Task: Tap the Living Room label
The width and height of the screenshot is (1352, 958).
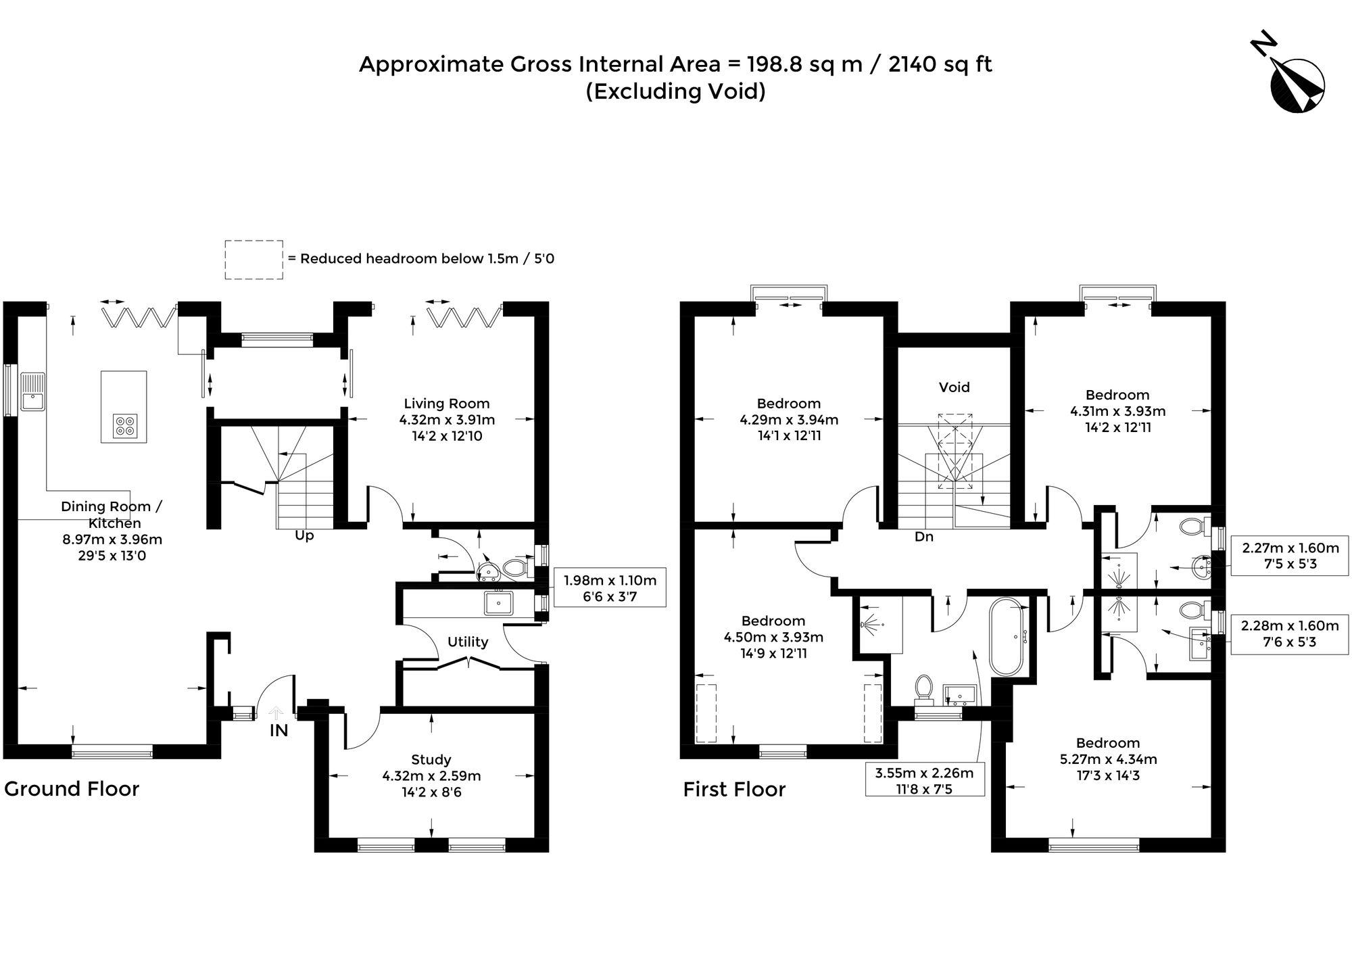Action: (x=446, y=404)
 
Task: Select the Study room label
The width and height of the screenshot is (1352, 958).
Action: (x=431, y=759)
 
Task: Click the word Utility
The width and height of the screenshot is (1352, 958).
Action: (x=468, y=642)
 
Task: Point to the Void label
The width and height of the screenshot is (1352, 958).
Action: (x=954, y=387)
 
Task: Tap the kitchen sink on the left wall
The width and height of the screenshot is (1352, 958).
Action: (x=32, y=391)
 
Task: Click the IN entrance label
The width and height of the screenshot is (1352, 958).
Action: (x=279, y=731)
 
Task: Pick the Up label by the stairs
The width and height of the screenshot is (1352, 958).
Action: (x=304, y=535)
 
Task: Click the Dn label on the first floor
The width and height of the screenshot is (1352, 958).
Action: (x=923, y=537)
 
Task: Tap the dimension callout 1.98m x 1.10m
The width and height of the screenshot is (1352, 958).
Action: (x=610, y=587)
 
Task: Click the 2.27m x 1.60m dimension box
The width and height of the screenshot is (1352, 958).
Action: (x=1290, y=556)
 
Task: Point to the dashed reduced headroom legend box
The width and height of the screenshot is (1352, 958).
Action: (x=254, y=260)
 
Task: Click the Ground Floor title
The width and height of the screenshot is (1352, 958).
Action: (x=72, y=789)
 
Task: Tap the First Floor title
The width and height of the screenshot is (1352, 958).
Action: (x=734, y=790)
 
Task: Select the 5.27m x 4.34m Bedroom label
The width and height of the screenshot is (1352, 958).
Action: (x=1108, y=759)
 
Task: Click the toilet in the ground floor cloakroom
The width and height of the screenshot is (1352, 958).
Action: (x=514, y=567)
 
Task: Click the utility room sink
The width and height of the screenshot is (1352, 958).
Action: (x=499, y=602)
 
